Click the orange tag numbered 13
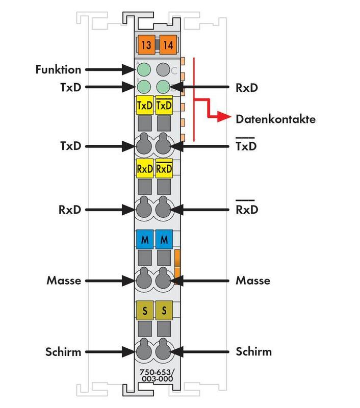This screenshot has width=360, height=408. [145, 45]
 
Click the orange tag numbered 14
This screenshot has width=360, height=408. [167, 45]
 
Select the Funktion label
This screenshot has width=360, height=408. [59, 69]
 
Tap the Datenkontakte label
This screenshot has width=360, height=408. [275, 120]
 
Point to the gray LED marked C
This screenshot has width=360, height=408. [163, 69]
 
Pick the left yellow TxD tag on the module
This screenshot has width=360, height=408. [145, 106]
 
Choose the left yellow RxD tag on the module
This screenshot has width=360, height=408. [145, 168]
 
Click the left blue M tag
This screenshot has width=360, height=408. [145, 239]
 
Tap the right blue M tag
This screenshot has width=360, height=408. [164, 239]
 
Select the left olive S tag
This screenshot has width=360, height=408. [145, 310]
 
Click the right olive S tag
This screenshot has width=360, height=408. [164, 310]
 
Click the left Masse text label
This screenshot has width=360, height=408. [64, 280]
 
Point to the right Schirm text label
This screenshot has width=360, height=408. [253, 351]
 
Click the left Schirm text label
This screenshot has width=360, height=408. [64, 351]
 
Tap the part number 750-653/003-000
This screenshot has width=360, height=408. [156, 376]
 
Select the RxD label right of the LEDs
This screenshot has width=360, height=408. [246, 87]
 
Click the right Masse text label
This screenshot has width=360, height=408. [253, 280]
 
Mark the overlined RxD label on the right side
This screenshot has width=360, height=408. [246, 210]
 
